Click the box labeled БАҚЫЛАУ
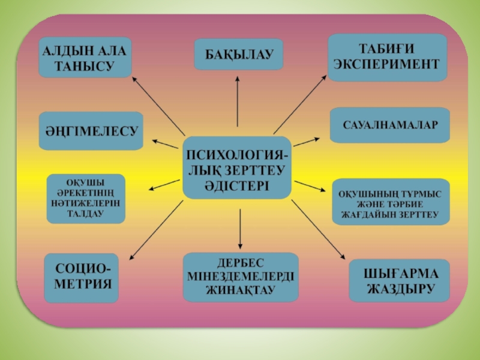pos(238,55)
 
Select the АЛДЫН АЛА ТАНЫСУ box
pos(85,58)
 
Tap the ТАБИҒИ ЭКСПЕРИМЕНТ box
pos(387,58)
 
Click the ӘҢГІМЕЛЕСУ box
pos(91,130)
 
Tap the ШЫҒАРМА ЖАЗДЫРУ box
pos(400,280)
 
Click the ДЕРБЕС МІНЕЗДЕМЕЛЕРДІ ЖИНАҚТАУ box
pos(240,277)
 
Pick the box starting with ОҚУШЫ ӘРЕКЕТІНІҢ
pos(86,199)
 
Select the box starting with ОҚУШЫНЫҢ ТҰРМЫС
pos(391,202)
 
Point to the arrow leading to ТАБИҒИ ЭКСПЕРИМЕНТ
pos(301,106)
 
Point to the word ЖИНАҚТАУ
pos(240,290)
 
